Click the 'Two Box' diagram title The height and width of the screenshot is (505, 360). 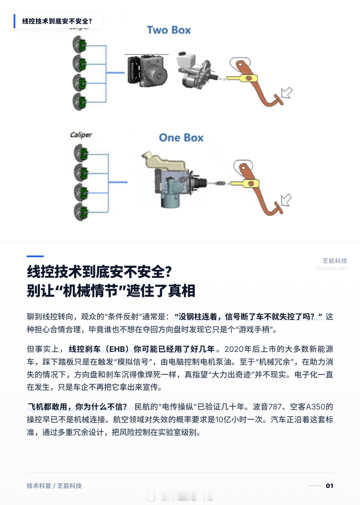169,30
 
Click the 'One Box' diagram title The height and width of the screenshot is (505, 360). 181,138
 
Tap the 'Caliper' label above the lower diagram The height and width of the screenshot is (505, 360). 81,135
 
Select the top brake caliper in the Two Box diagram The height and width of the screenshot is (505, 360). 79,44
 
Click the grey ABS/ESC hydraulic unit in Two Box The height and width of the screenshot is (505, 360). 148,71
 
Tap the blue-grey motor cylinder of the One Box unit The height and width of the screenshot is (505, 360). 170,200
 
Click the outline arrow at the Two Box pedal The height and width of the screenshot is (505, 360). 287,92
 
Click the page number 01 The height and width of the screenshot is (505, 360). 329,486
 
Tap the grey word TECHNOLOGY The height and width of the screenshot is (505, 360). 331,269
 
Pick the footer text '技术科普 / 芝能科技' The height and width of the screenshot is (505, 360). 54,486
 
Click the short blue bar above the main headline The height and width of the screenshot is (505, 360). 35,256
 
